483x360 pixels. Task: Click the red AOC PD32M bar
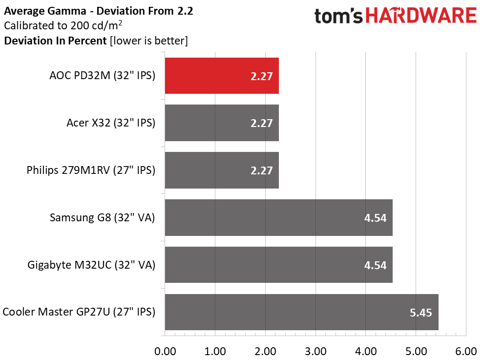222,76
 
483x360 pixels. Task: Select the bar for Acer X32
222,123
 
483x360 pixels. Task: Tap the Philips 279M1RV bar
222,170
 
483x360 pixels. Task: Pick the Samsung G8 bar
279,217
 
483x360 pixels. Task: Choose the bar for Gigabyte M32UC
279,265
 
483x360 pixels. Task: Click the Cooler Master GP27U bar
301,312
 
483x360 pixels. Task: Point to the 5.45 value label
421,313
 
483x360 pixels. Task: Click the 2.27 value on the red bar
261,76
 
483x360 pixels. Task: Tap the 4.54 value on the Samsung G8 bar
375,218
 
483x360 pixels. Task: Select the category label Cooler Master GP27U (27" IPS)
79,312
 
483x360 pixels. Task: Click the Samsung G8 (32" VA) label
102,217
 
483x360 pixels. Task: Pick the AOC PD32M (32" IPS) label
102,76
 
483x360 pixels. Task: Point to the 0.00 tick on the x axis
165,351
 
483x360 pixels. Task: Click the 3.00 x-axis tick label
316,351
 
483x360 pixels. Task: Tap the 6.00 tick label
466,351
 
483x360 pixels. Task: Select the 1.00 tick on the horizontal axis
215,351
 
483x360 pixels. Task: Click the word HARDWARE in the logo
421,16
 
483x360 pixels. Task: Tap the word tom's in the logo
338,16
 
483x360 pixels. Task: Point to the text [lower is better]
149,41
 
